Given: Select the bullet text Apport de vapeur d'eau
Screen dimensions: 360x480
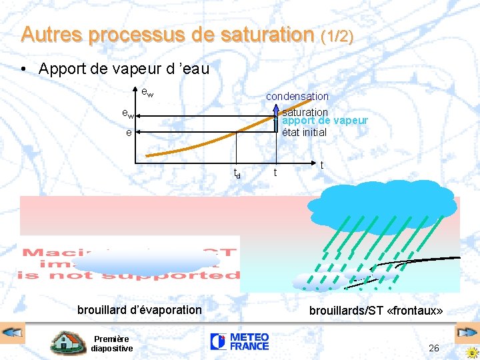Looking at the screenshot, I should click(x=124, y=68).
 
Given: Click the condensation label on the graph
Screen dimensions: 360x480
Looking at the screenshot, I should click(x=297, y=97).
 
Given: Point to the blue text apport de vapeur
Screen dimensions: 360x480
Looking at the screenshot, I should click(x=325, y=121).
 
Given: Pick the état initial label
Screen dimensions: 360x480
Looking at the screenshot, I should click(x=304, y=132).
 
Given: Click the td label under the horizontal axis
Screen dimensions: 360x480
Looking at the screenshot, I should click(x=237, y=173).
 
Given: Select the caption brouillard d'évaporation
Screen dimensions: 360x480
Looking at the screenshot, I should click(x=139, y=309).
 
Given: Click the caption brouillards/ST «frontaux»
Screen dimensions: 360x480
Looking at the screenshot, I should click(x=376, y=311).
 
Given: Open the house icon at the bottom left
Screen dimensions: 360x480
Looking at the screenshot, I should click(x=67, y=343).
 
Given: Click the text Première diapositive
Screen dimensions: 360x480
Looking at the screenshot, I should click(x=112, y=343).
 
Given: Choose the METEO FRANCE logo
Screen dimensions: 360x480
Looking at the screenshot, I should click(x=239, y=342).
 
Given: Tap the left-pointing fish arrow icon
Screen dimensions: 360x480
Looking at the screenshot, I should click(x=13, y=332).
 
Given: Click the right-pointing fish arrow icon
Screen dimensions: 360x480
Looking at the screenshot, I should click(x=465, y=332).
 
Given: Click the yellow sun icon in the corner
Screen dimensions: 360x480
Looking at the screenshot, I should click(x=471, y=352).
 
